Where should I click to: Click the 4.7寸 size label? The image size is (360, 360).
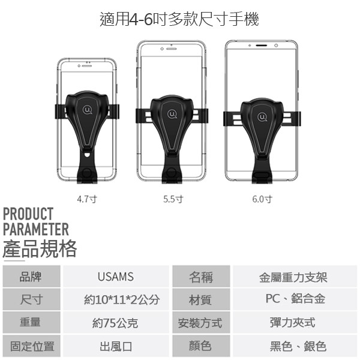87,199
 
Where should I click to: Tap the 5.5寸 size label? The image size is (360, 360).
173,199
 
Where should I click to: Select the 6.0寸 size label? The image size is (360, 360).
262,199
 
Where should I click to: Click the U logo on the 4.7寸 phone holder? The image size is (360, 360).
88,110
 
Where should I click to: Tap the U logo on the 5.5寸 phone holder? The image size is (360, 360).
172,114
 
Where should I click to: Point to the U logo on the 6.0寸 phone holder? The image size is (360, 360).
262,117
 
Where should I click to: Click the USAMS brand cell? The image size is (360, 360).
116,277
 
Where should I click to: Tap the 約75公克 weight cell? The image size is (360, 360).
116,323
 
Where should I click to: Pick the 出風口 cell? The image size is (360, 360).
116,346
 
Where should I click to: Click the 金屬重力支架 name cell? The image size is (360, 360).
295,277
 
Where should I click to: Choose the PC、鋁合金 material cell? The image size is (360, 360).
295,299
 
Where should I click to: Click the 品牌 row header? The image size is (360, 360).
31,277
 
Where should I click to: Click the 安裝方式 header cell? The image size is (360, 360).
201,323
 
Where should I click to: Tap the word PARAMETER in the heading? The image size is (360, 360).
36,229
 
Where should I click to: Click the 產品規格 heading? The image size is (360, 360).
40,249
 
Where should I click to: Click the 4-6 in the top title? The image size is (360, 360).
141,19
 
